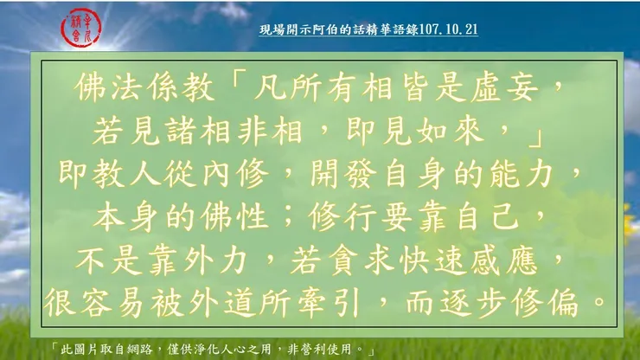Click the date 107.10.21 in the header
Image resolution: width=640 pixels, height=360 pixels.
coord(449,29)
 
